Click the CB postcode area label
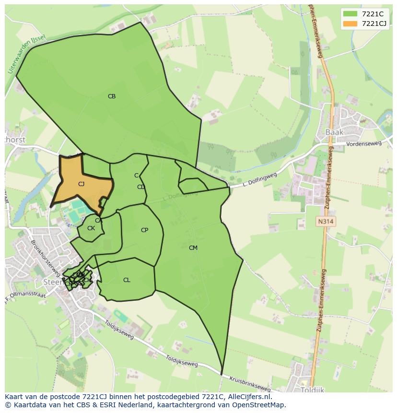click(112, 96)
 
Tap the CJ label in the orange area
click(81, 184)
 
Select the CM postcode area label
click(193, 248)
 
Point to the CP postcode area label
click(144, 230)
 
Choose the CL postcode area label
click(127, 280)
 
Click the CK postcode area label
click(91, 228)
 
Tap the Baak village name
click(334, 132)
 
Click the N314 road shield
click(325, 222)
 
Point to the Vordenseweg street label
click(364, 143)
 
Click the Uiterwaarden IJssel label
click(26, 54)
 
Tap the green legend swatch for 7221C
click(350, 14)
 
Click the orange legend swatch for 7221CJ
click(350, 24)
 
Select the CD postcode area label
click(141, 187)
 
